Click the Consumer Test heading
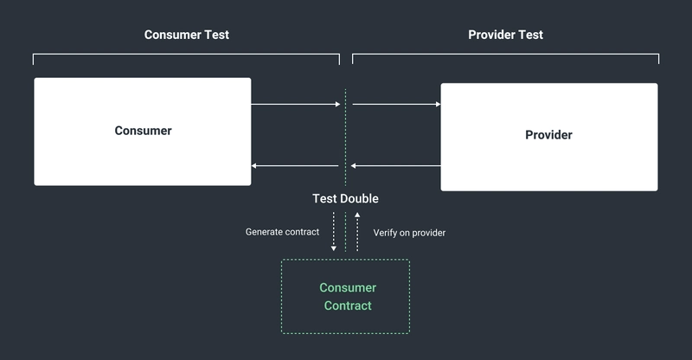click(x=186, y=35)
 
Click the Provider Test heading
click(x=505, y=35)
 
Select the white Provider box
click(x=548, y=164)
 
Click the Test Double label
click(x=345, y=199)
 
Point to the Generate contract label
click(x=282, y=232)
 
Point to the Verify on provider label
click(x=409, y=232)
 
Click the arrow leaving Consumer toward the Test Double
click(x=295, y=105)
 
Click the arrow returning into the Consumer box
click(x=295, y=165)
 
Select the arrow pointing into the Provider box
click(x=396, y=105)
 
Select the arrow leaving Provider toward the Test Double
click(x=396, y=165)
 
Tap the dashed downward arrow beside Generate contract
click(x=334, y=232)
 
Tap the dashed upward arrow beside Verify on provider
click(x=357, y=232)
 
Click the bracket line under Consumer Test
click(x=186, y=55)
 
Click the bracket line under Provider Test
click(x=505, y=55)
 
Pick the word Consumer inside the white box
click(x=143, y=132)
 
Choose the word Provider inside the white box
click(x=548, y=135)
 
